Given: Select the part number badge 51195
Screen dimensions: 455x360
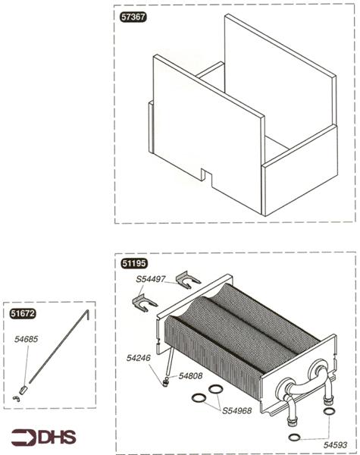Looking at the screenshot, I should click(136, 263).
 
